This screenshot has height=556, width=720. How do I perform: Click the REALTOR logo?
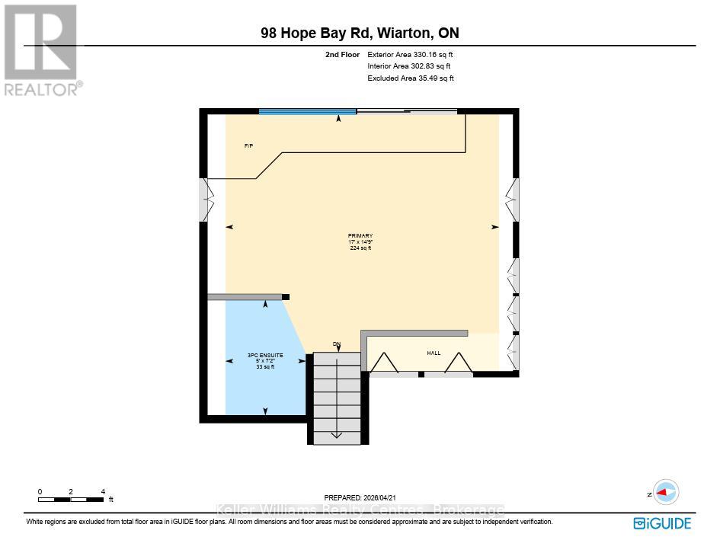point(41,50)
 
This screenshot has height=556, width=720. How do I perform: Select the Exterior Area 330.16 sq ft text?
point(411,55)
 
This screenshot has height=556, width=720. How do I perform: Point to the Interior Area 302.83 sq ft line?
point(409,66)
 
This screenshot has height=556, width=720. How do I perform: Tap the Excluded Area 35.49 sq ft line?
point(411,78)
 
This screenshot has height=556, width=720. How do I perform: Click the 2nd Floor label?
point(342,55)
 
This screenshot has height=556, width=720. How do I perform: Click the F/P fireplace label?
point(248,145)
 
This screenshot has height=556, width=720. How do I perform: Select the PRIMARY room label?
point(360,236)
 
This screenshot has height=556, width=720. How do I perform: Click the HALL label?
point(434,353)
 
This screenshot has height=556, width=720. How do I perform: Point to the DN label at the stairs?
point(336,344)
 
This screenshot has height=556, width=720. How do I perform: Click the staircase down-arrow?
point(336,434)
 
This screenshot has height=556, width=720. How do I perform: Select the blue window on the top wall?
point(307,112)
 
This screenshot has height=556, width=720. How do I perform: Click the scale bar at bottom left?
point(71,499)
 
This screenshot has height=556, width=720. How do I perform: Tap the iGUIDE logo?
point(662,523)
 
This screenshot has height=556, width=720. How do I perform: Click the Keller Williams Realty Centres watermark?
point(360,510)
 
